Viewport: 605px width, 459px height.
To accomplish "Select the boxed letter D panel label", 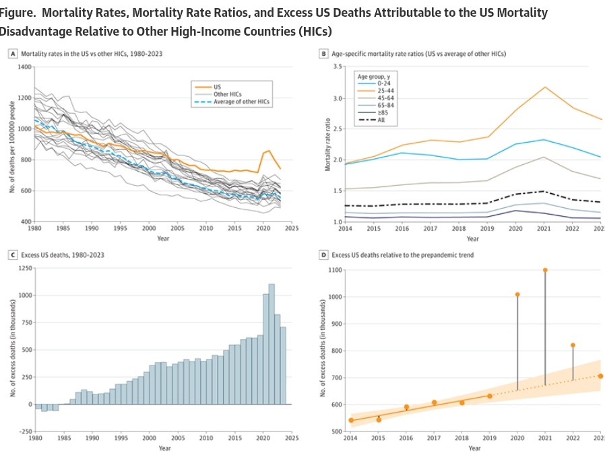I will click(x=324, y=255).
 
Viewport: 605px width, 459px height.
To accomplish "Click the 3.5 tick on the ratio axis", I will click(x=338, y=67).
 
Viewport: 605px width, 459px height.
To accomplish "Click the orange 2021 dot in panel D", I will click(x=545, y=270).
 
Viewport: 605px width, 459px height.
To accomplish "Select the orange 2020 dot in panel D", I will click(x=517, y=294).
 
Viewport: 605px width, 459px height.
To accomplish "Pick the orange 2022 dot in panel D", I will click(x=573, y=345).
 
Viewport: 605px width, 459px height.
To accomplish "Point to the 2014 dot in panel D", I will click(x=351, y=420).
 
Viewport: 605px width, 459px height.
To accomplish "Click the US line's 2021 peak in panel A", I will click(x=269, y=151).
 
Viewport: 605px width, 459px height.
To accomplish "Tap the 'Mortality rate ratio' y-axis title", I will click(x=327, y=144).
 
